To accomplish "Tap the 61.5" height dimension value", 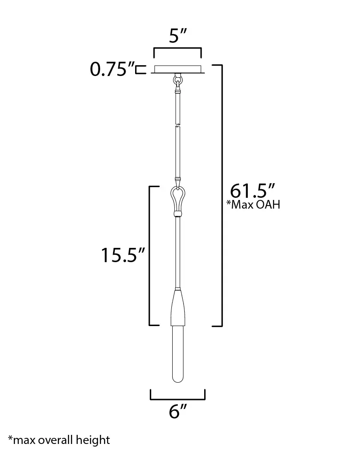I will [252, 190].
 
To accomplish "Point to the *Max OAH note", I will [253, 205].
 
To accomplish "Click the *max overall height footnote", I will [59, 440].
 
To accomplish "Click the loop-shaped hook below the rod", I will [177, 199].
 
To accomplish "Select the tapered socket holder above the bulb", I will [177, 307].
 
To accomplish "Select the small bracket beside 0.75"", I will [139, 70].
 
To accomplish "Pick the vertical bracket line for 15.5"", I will [149, 255].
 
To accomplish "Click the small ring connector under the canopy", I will [177, 80].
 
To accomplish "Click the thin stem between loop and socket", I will [177, 250].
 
